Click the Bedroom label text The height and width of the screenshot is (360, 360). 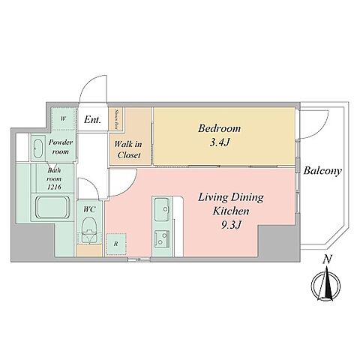coord(218,127)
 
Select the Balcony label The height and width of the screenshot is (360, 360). coord(323,171)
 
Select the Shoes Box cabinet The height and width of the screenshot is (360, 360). coord(118,118)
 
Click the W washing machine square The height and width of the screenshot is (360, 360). coord(63,118)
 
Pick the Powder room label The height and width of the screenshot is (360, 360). coord(60,146)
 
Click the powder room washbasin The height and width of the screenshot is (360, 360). coord(39,148)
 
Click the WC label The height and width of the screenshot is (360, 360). coord(88,209)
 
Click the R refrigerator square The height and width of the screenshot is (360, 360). coord(115,244)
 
